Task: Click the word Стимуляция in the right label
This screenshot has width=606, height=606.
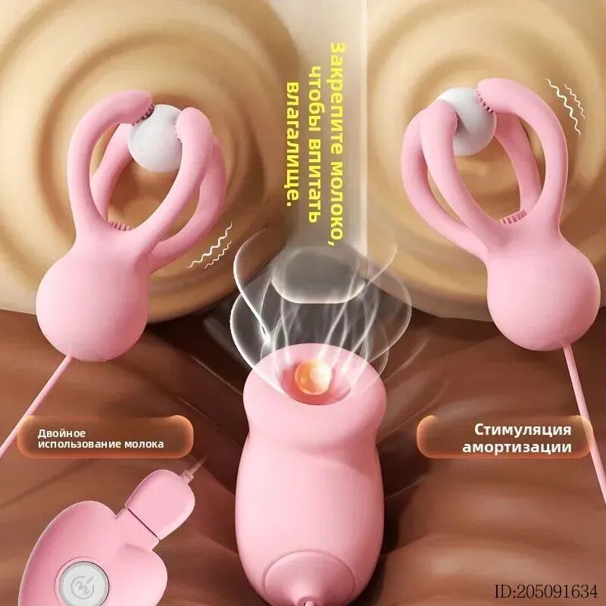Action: click(x=523, y=430)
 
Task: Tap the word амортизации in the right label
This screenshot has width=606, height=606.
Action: click(x=517, y=447)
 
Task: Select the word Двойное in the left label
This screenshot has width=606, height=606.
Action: click(x=61, y=433)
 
